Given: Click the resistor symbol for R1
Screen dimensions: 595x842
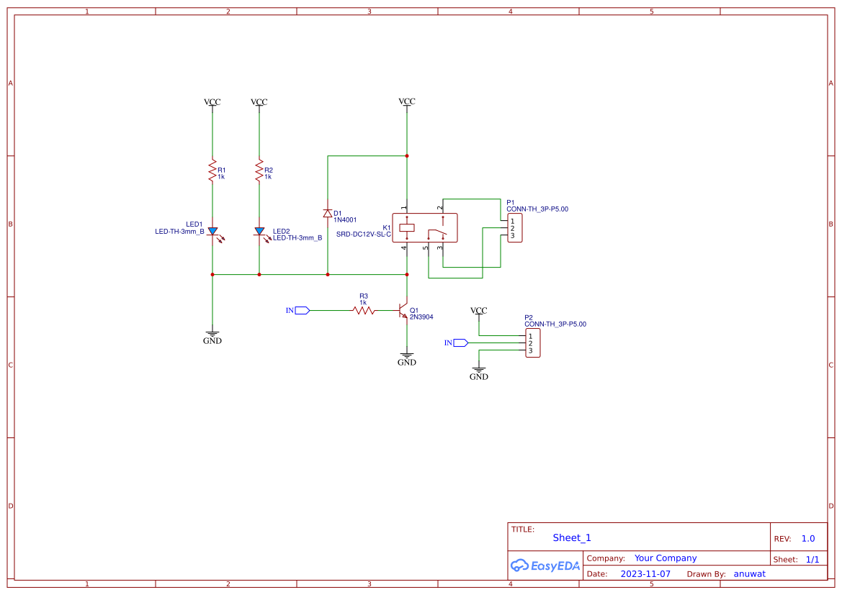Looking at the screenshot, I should click(212, 171).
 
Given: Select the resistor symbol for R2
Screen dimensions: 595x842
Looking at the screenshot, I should click(259, 171).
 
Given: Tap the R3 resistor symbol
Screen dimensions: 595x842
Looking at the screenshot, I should click(364, 310).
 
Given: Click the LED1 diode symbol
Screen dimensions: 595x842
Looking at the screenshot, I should click(212, 232).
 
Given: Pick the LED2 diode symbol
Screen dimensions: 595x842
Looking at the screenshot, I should click(259, 232).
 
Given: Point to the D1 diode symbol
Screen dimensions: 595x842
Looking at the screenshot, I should click(328, 213).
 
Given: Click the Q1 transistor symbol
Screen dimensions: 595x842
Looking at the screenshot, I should click(403, 311).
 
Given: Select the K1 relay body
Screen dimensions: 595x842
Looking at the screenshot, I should click(425, 228).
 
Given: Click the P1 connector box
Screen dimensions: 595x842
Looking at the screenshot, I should click(514, 228).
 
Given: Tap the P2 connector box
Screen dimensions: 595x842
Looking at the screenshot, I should click(532, 343).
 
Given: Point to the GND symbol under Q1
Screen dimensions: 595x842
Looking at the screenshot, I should click(407, 358).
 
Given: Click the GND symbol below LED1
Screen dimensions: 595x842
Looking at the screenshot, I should click(212, 337).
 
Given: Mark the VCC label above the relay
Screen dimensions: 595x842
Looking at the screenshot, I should click(407, 101).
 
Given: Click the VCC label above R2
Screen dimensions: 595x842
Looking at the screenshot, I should click(259, 102).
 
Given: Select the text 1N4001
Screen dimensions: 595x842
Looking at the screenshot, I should click(345, 220).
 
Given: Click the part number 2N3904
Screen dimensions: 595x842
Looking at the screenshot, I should click(421, 317).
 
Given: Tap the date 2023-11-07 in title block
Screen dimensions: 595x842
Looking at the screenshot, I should click(645, 574).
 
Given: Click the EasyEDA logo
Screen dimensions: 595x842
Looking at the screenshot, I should click(545, 566).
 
